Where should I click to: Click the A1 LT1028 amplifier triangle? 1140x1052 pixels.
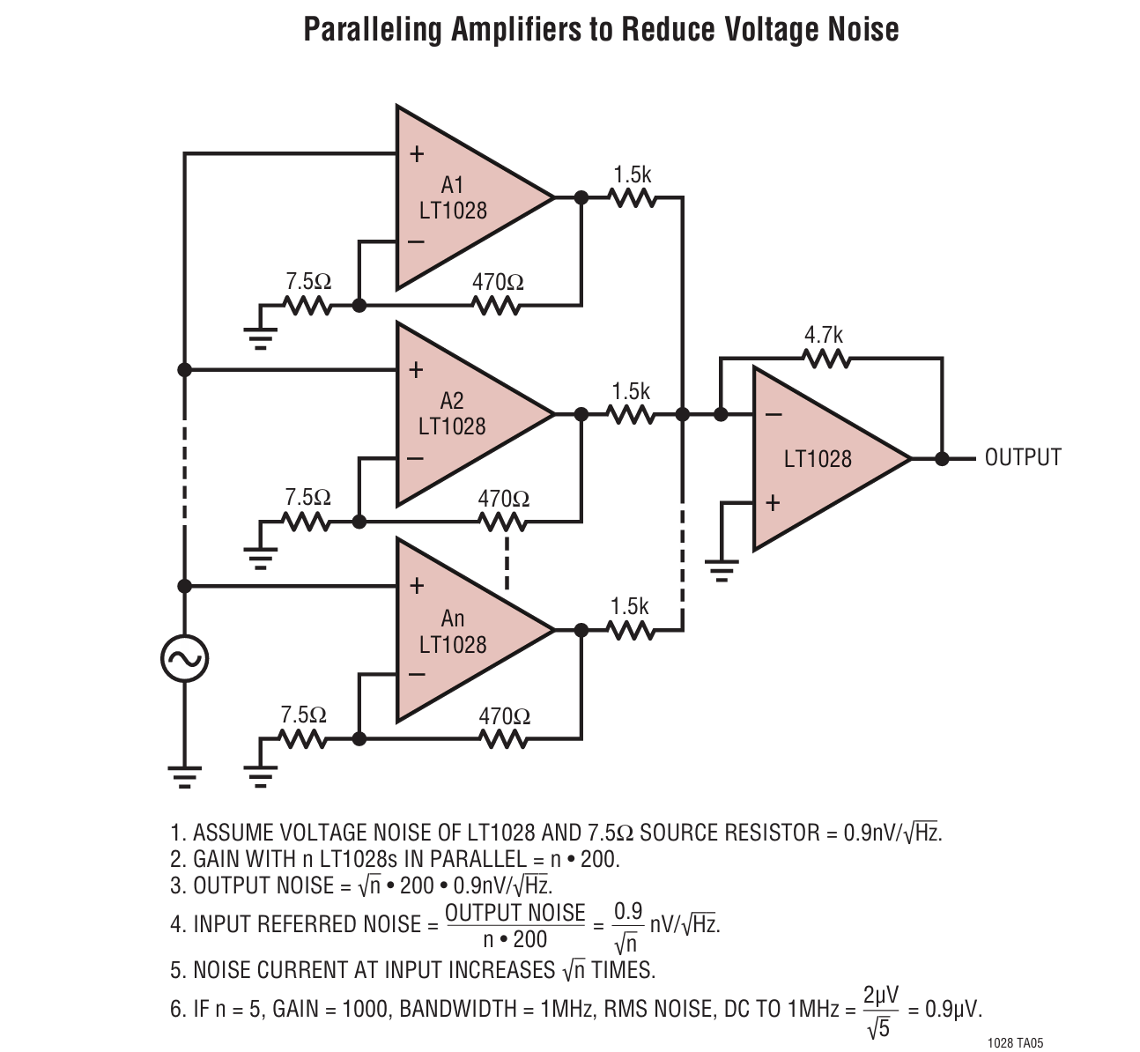458,197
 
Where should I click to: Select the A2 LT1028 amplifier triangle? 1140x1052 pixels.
458,413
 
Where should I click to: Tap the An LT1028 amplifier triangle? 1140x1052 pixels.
458,631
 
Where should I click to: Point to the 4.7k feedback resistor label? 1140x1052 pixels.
823,336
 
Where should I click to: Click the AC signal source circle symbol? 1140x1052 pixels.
184,658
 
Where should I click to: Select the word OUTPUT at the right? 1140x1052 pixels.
1023,458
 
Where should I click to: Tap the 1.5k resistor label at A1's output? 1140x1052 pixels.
633,174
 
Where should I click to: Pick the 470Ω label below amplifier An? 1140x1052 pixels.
505,716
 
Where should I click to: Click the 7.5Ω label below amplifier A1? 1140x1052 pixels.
308,282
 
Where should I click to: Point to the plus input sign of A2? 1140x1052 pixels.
417,370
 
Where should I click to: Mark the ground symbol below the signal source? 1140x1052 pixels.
184,774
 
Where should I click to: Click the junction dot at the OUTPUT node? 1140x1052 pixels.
942,458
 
